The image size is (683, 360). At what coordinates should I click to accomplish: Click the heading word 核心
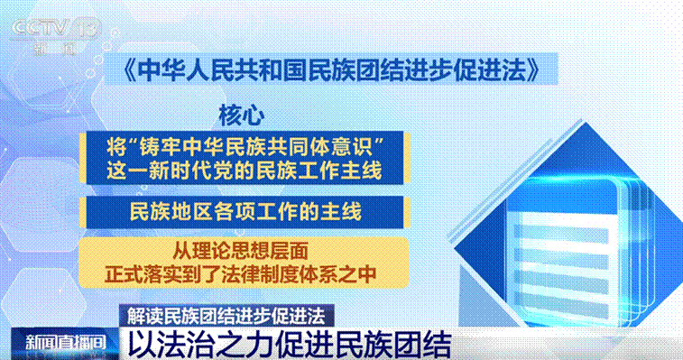241,115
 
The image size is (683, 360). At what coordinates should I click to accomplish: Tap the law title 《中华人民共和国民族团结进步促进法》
331,69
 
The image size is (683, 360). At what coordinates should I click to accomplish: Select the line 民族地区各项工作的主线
245,212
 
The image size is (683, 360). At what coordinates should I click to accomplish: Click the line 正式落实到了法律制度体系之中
240,273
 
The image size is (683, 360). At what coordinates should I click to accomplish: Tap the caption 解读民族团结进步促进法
226,316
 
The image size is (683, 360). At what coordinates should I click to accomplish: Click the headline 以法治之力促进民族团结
290,346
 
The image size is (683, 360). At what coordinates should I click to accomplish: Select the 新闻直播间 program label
65,343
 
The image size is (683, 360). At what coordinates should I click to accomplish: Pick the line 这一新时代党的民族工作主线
244,170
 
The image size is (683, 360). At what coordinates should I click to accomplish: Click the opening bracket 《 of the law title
129,70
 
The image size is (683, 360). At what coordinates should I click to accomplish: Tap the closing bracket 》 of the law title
533,70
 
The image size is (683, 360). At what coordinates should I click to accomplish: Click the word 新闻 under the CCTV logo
56,49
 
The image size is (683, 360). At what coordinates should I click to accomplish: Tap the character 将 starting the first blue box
116,147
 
